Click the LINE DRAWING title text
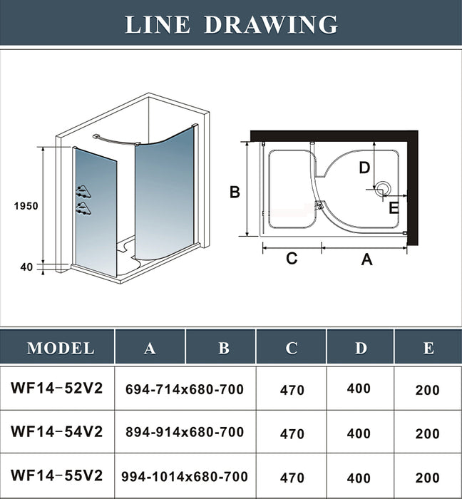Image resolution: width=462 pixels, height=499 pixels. coord(231,24)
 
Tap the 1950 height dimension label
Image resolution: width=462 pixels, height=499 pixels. coord(26,206)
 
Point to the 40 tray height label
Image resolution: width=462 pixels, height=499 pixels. coord(27,267)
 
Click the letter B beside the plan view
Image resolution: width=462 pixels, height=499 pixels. coord(234,191)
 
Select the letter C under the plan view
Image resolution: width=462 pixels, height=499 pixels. coord(291,258)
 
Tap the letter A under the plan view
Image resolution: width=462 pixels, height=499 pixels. coord(366,259)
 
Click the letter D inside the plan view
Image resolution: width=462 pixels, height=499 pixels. coord(364,168)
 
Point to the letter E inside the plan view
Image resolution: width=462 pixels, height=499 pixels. coord(394,208)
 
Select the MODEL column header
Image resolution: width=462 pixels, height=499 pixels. coord(61,349)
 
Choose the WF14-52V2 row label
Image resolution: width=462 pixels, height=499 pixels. coord(57,389)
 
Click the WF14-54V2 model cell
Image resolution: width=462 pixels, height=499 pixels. coord(57,432)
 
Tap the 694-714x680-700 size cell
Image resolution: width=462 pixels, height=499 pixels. coord(185,389)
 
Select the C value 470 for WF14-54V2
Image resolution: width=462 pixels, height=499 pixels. coord(292,433)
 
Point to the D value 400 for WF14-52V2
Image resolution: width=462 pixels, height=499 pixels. coord(359,389)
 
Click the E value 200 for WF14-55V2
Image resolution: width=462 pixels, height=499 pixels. coord(427,478)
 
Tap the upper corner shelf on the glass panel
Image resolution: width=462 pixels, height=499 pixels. coord(83,190)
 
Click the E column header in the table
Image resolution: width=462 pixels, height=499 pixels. coord(428,348)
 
